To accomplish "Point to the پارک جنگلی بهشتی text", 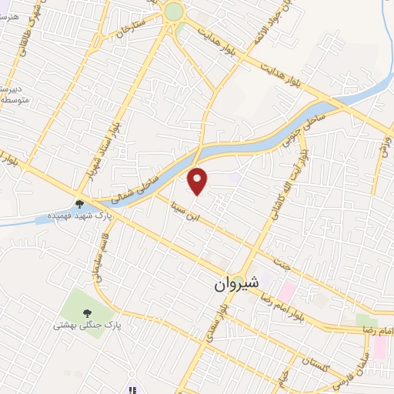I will (x=82, y=326).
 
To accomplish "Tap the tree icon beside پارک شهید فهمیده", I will (x=79, y=204).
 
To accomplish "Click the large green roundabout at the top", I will (x=174, y=12).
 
